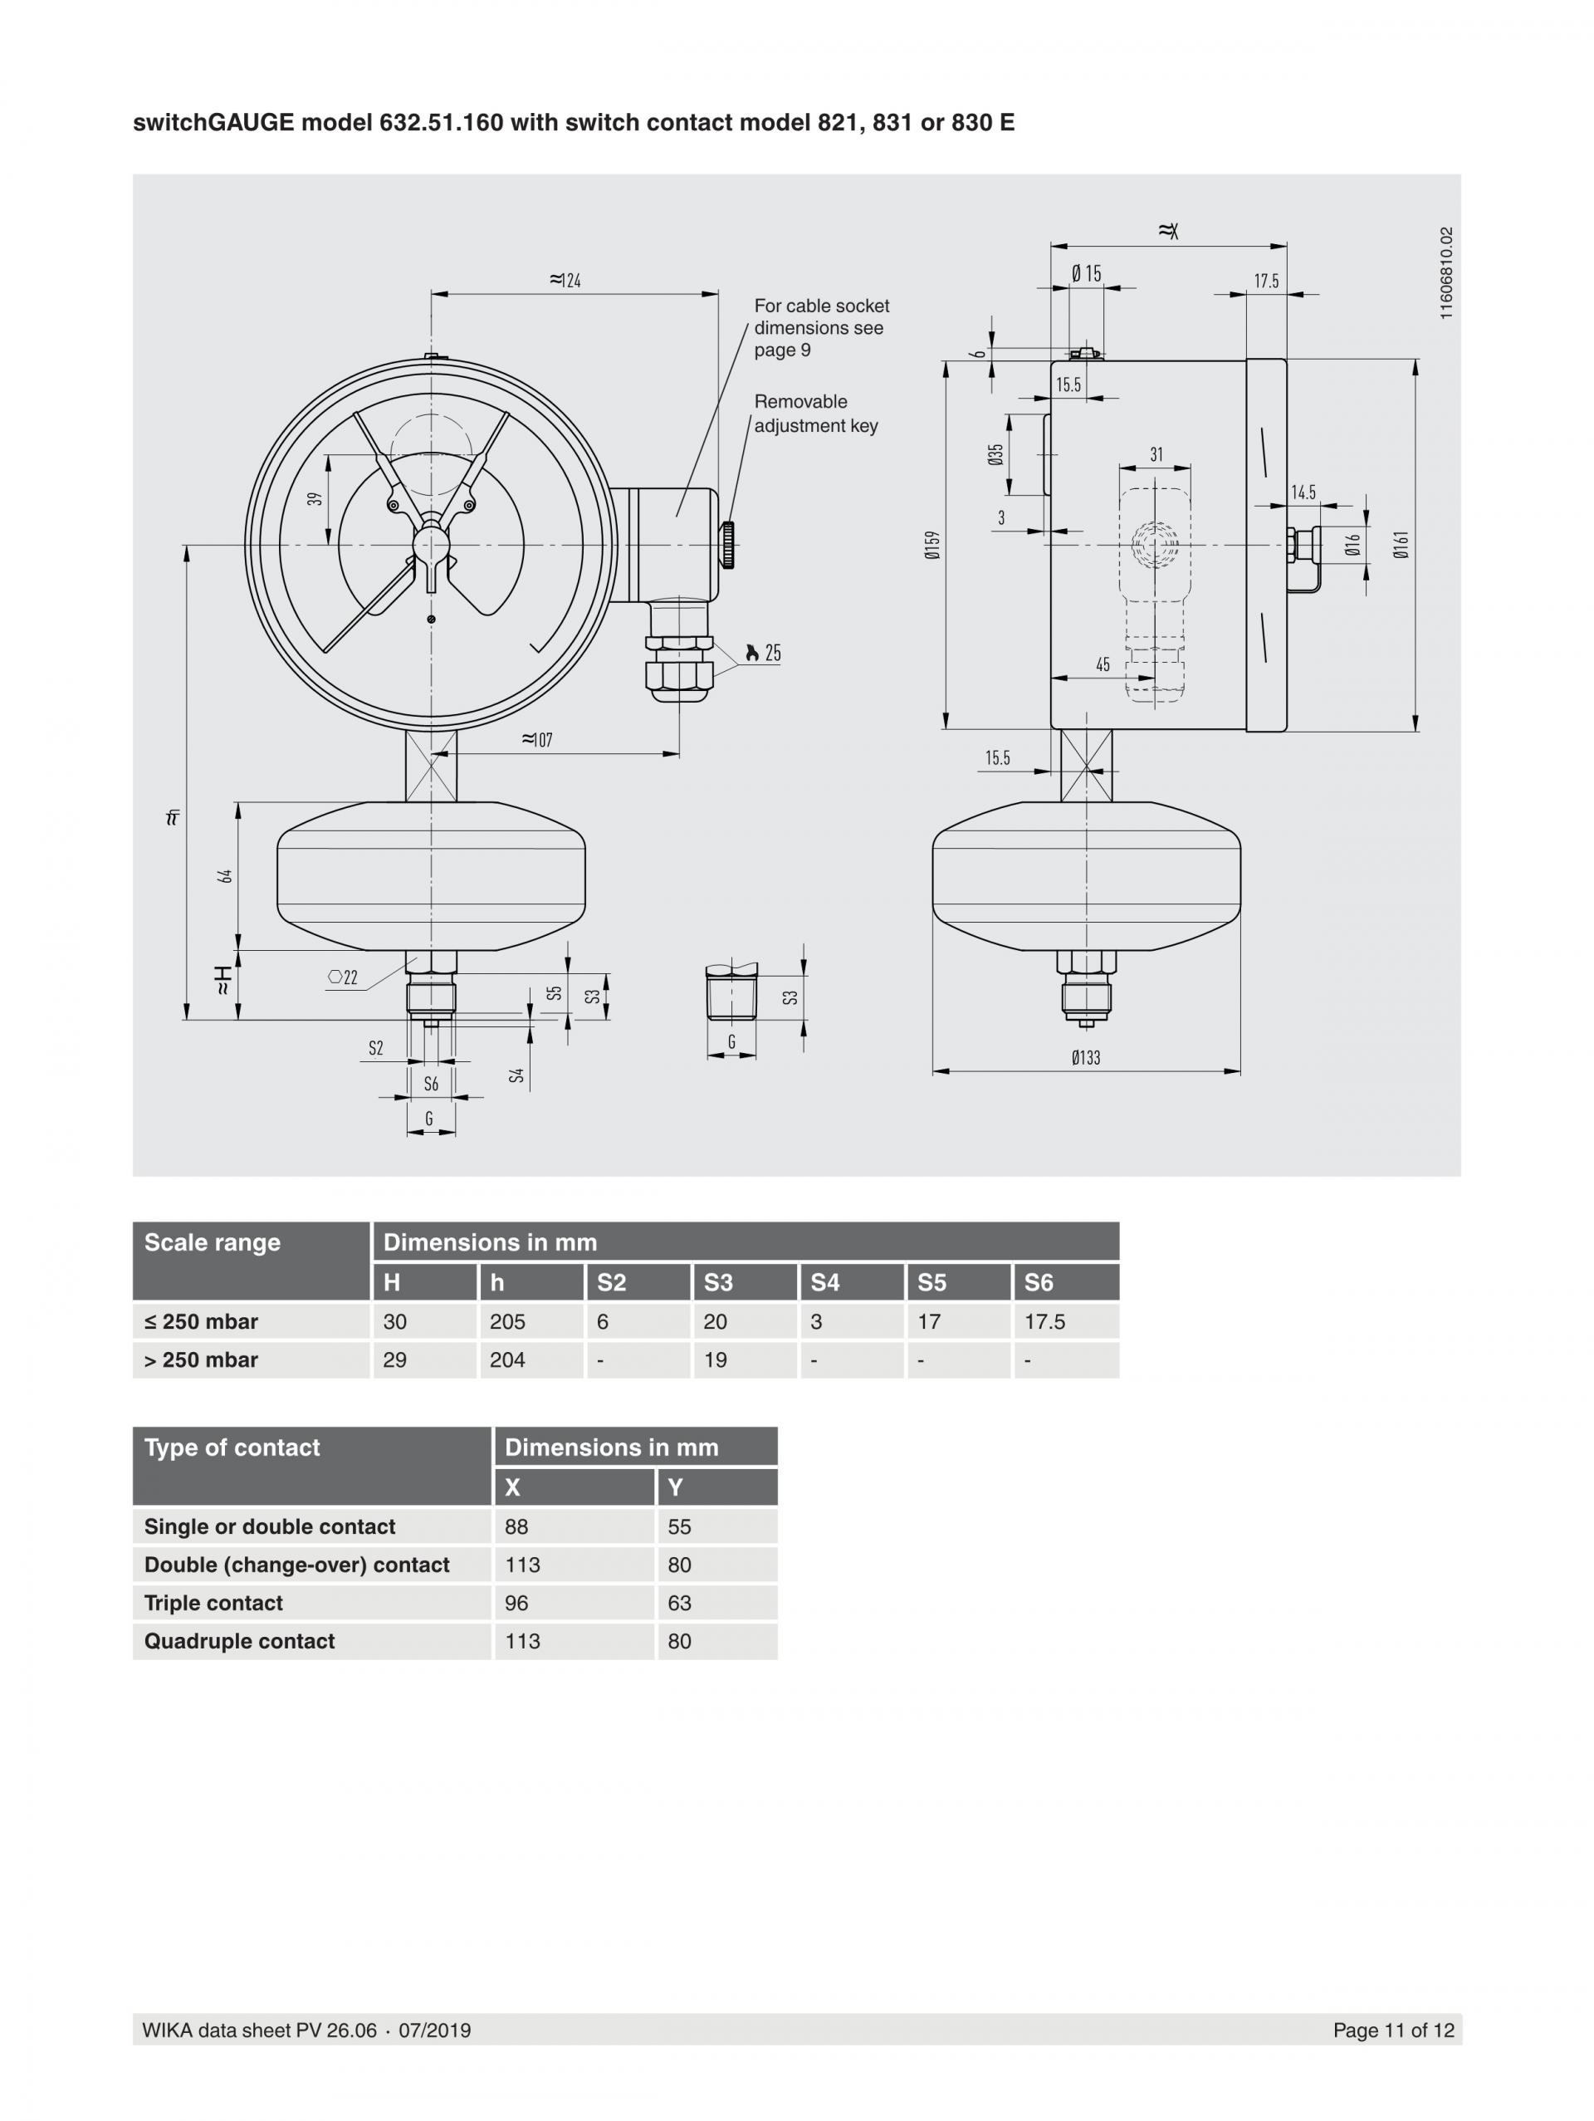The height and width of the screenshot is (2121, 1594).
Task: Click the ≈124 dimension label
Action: point(565,280)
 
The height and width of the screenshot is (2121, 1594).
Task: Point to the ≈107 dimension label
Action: point(537,739)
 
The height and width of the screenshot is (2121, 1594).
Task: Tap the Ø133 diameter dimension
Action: point(1086,1056)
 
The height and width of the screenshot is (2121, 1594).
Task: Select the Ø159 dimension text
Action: point(932,545)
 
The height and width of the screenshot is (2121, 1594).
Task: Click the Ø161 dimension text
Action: point(1401,545)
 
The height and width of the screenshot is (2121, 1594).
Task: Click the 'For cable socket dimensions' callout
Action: point(820,327)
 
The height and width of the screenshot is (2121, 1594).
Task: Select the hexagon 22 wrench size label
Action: point(343,977)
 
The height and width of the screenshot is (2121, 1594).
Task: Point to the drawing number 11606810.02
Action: point(1446,273)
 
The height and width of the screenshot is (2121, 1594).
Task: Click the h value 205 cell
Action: point(507,1321)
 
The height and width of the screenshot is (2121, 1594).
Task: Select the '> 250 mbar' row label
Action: point(201,1359)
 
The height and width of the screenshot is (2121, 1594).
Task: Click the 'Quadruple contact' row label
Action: point(240,1642)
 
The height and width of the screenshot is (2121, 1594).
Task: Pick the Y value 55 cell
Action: point(680,1526)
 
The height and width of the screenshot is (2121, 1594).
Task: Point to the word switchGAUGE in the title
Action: point(213,123)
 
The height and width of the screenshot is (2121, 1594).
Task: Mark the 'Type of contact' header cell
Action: point(232,1447)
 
